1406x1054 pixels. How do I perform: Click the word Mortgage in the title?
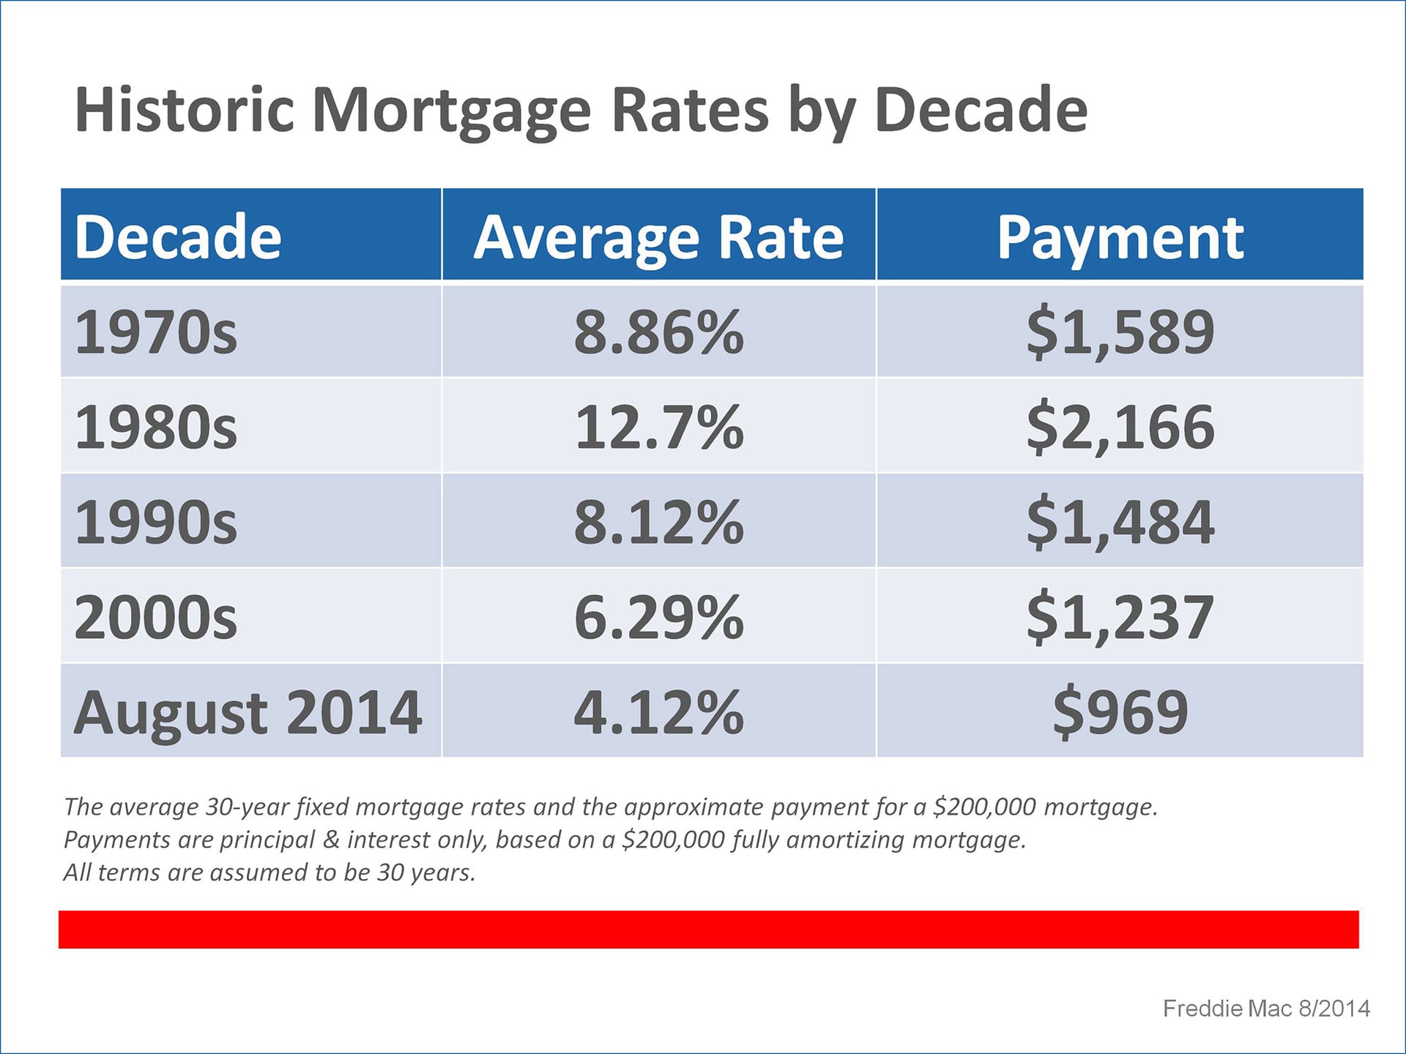451,111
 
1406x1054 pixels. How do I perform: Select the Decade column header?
178,237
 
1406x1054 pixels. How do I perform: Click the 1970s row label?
156,332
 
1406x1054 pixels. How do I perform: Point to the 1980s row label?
156,427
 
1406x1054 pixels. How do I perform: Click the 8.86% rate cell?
658,332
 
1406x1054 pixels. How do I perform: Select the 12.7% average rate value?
658,427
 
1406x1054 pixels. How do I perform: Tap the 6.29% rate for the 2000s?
658,617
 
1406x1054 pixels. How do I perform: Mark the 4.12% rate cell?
658,712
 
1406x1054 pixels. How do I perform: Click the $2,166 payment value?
1120,427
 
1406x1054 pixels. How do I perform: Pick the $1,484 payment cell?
1120,523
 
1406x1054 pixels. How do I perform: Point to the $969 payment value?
1120,712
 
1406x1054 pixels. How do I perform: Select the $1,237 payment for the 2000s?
1120,618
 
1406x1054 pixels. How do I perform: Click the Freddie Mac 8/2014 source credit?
1266,1009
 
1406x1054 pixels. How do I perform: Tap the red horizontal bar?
708,930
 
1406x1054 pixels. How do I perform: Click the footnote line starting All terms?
269,872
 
